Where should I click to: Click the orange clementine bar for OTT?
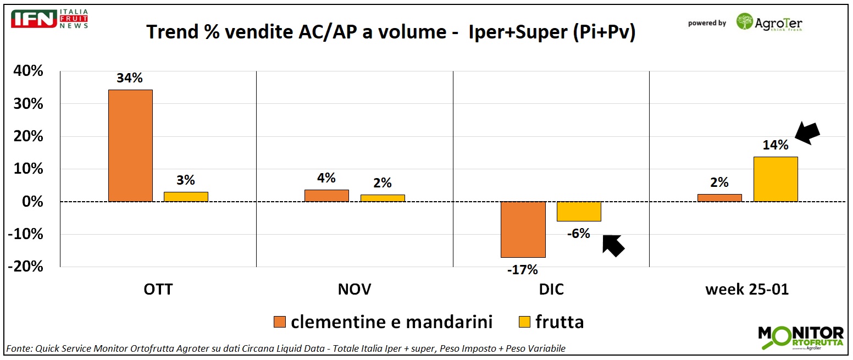(130, 146)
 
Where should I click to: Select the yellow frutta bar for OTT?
(186, 197)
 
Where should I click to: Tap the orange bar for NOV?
(326, 196)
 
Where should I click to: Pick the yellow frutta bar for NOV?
(383, 198)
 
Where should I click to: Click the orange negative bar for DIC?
(523, 229)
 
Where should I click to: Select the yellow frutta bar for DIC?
(579, 212)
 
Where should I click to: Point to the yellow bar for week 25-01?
(776, 179)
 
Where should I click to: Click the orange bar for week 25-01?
(719, 198)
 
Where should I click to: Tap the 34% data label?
(130, 78)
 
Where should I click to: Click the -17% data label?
(523, 269)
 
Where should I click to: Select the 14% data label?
(775, 145)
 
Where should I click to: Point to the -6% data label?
(578, 234)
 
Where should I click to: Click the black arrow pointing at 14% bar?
(807, 134)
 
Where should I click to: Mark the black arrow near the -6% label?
(613, 245)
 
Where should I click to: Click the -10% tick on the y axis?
(26, 235)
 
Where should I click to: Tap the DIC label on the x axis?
(551, 290)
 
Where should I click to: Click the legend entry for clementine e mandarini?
(383, 322)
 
